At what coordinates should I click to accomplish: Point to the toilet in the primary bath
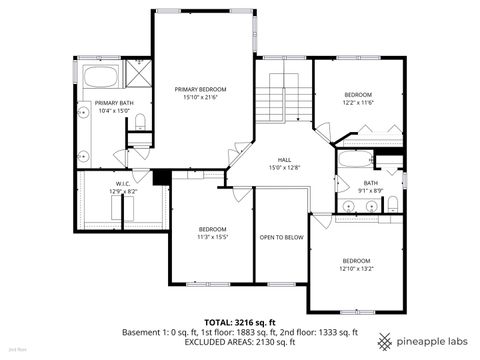click(141, 122)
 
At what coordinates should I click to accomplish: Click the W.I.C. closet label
click(123, 183)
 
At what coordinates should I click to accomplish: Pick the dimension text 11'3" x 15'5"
click(212, 237)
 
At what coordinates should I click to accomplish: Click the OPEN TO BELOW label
click(281, 237)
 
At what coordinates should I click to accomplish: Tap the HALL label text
click(284, 159)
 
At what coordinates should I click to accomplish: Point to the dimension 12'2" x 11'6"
click(357, 102)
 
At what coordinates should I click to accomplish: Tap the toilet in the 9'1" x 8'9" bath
click(392, 204)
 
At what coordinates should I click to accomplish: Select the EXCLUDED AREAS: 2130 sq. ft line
click(240, 342)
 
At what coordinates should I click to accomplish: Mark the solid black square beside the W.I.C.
click(158, 178)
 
